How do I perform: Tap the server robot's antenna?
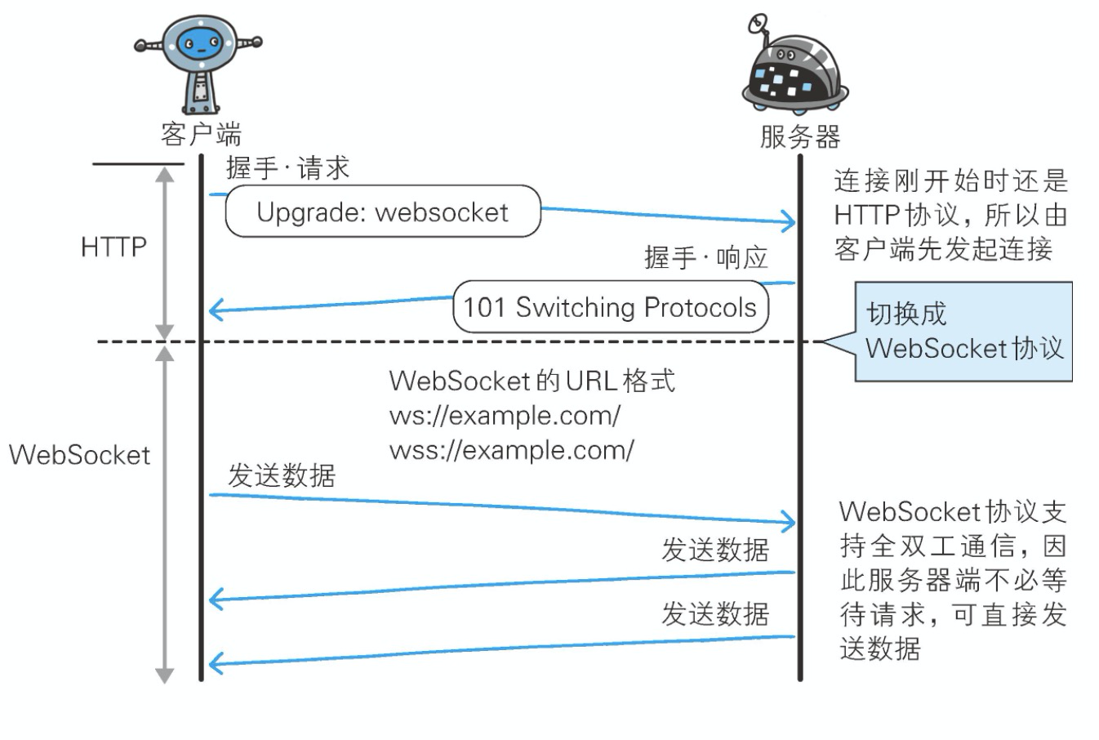point(759,22)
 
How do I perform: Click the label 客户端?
point(201,133)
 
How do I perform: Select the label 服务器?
point(799,136)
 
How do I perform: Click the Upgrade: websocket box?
point(383,212)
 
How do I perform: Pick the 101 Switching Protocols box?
point(610,307)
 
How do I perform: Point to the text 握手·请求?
point(287,168)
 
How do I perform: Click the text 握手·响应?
point(706,258)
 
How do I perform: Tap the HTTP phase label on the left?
point(113,247)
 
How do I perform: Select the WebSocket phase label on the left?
point(79,455)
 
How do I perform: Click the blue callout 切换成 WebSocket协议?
point(963,332)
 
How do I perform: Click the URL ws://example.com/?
point(505,416)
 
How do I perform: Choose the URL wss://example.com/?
point(511,450)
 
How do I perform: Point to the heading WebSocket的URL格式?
point(532,381)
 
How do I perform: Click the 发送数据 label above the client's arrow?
point(281,475)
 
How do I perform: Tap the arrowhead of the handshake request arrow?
point(789,221)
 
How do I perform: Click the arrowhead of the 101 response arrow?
point(216,310)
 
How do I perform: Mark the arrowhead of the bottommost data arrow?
point(216,662)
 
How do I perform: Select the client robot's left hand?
point(141,47)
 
